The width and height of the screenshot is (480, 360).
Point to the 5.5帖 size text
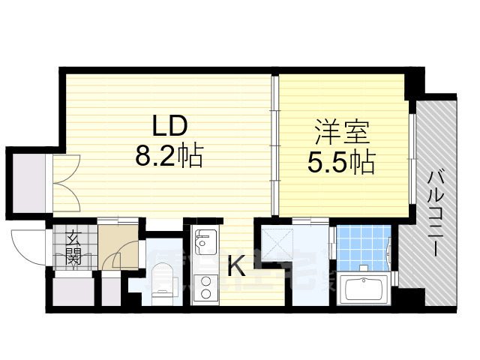pyautogui.click(x=342, y=163)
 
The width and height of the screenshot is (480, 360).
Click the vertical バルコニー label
pyautogui.click(x=436, y=214)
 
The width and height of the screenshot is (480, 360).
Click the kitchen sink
pyautogui.click(x=204, y=241)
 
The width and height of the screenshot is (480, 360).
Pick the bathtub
pyautogui.click(x=362, y=289)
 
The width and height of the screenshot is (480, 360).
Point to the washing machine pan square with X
pyautogui.click(x=274, y=242)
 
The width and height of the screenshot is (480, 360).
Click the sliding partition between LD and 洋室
pyautogui.click(x=275, y=142)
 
